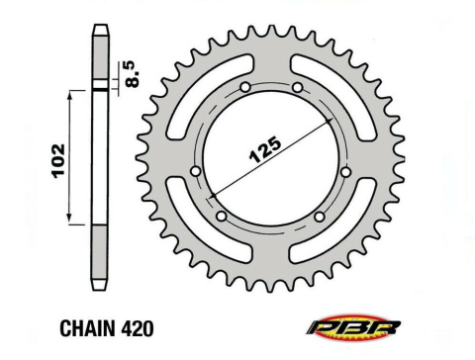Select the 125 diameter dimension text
click(x=259, y=146)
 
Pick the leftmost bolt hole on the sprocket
click(x=194, y=171)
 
